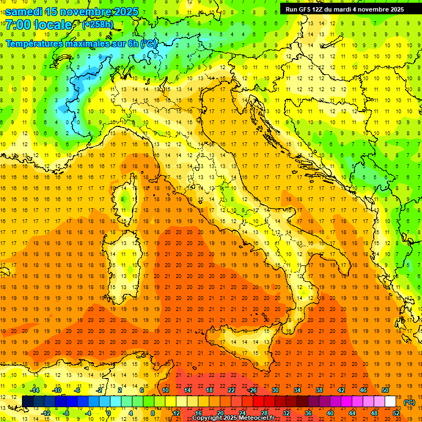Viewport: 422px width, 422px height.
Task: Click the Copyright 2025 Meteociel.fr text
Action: tap(233, 418)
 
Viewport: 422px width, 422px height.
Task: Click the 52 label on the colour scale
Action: tap(396, 413)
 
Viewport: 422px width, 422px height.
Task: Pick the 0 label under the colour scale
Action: tap(109, 413)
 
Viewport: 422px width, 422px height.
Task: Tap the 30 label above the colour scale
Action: tap(275, 390)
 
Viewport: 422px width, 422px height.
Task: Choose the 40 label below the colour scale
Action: tap(330, 413)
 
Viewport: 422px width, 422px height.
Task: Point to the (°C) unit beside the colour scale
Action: tap(409, 402)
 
